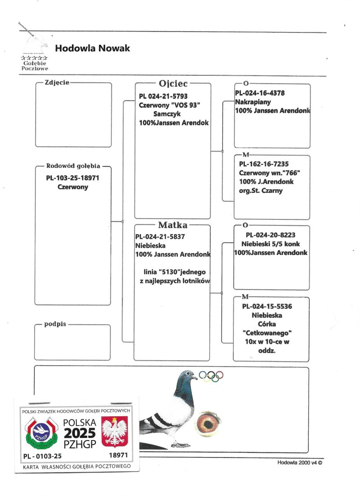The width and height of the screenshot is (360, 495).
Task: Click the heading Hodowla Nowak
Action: coord(92,48)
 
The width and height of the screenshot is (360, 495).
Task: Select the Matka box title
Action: coord(172,225)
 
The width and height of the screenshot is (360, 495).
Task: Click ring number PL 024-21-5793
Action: coord(163,96)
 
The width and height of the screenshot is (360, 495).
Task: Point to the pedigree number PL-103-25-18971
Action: coord(73,178)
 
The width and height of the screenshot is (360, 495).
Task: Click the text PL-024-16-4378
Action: coord(260,93)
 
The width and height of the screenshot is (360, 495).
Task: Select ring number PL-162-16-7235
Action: coord(264,164)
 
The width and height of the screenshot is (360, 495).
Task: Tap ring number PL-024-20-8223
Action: coord(270,235)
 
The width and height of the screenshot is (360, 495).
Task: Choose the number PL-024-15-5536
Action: coord(267,307)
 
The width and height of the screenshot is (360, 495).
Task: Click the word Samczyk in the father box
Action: coord(167,114)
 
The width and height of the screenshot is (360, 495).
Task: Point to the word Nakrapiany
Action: coord(253,102)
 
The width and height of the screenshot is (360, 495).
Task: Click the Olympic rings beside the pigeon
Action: coord(211,376)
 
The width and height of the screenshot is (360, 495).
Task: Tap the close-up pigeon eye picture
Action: coord(207,424)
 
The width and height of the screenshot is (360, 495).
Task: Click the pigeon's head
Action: coord(187,377)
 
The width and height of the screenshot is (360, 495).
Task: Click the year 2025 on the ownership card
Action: coord(80,433)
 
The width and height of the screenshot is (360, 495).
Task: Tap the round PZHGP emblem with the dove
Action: coord(41,433)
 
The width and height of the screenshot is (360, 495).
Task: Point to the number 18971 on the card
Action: coord(118,455)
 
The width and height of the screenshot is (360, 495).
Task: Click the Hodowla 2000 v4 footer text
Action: coord(300,463)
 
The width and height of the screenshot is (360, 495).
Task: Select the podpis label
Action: coord(55,324)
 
